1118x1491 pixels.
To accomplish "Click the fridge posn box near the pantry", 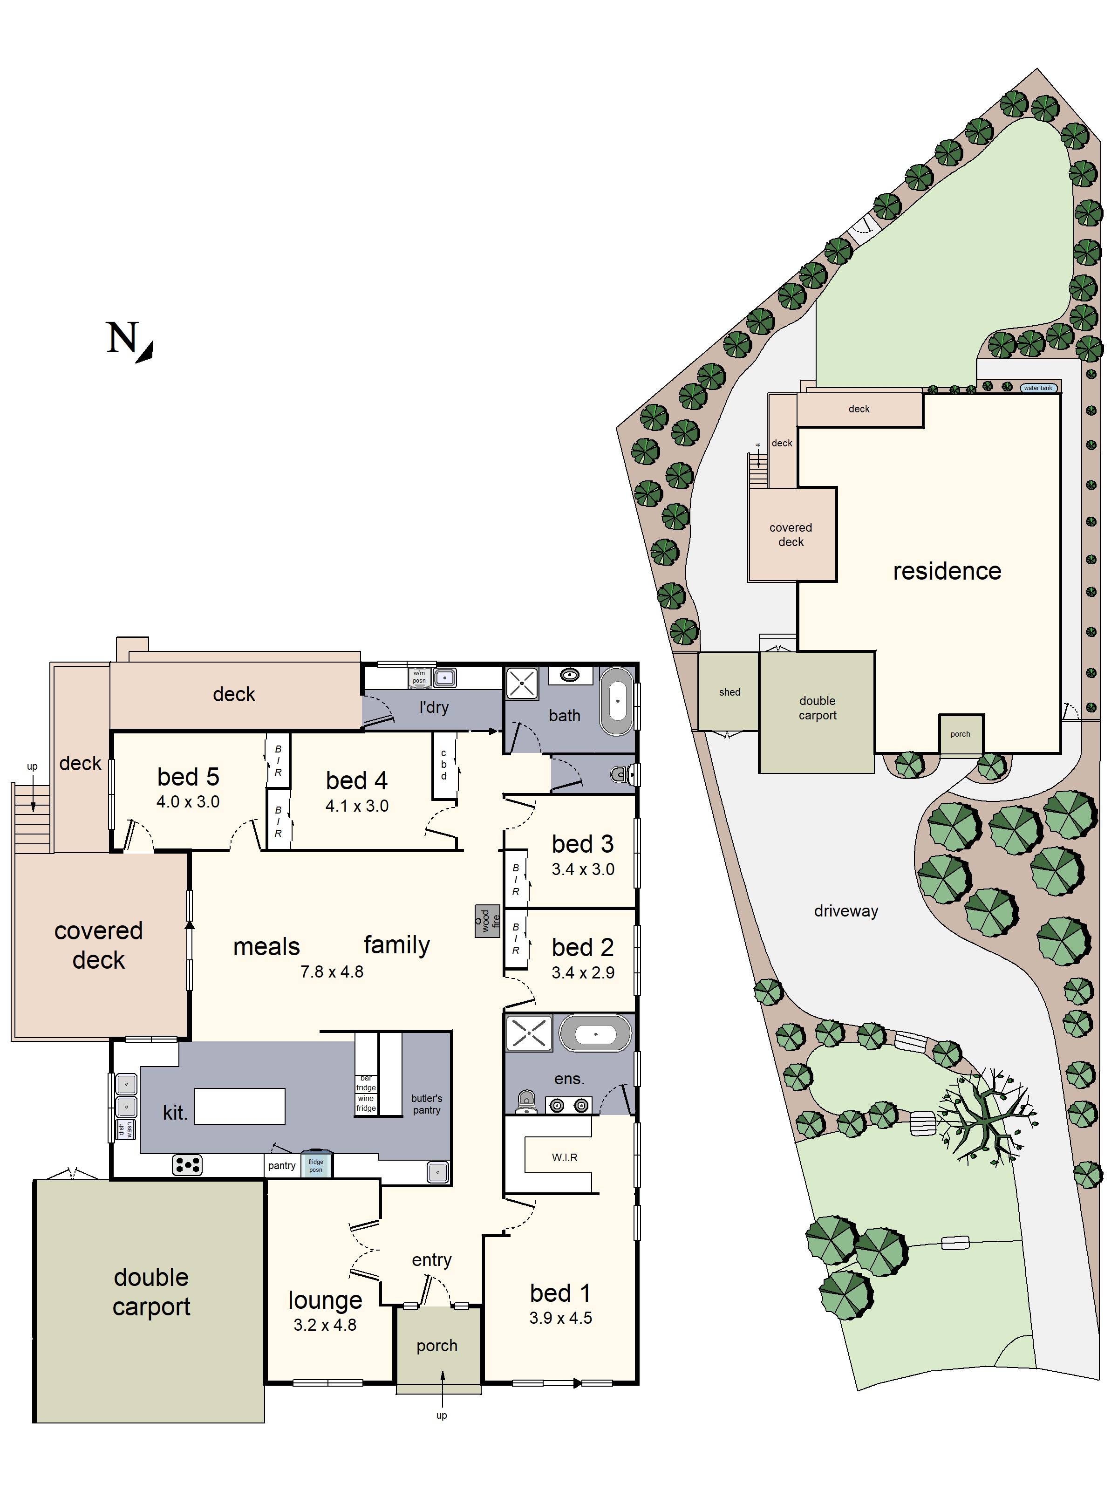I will (x=315, y=1165).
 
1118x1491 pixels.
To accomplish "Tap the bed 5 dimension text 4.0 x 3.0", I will (x=188, y=801).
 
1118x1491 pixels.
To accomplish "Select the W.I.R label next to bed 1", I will (x=564, y=1157).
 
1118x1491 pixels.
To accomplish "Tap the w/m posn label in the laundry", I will (x=419, y=677).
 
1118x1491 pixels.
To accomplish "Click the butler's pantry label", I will (x=427, y=1104).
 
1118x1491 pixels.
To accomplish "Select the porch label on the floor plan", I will (x=436, y=1346).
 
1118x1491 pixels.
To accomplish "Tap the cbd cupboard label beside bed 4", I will (x=443, y=765).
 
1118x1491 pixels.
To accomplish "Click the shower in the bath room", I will (x=522, y=684).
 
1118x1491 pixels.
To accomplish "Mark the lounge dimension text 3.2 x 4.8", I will (x=325, y=1325).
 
